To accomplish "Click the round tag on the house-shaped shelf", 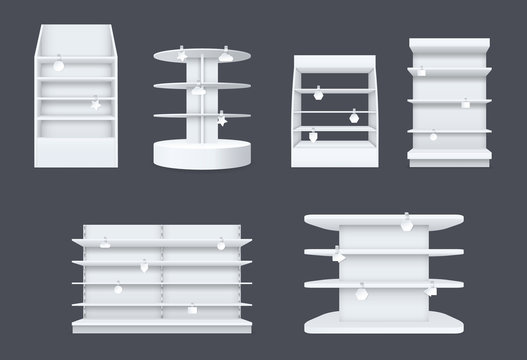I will coord(58,66).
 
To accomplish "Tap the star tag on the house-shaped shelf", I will coord(95,103).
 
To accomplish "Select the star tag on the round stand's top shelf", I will coord(181,55).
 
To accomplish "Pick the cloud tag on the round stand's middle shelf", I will coord(200,90).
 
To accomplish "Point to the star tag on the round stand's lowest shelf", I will coord(220,120).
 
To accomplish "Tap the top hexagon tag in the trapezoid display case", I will coord(318,94).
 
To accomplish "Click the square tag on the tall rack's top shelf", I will coord(421,72).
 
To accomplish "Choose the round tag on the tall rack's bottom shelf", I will coord(433,136).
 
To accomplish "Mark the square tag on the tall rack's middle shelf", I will coord(465,104).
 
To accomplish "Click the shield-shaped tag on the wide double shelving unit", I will coord(147,266).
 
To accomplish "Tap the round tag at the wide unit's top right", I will coord(220,244).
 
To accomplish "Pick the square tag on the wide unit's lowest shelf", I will coord(117,289).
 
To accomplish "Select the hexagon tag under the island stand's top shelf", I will coord(407,226).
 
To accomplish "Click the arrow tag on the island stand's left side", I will coord(338,257).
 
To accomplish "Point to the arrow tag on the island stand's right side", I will coord(431,289).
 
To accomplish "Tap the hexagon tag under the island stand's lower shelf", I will coord(362,295).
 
